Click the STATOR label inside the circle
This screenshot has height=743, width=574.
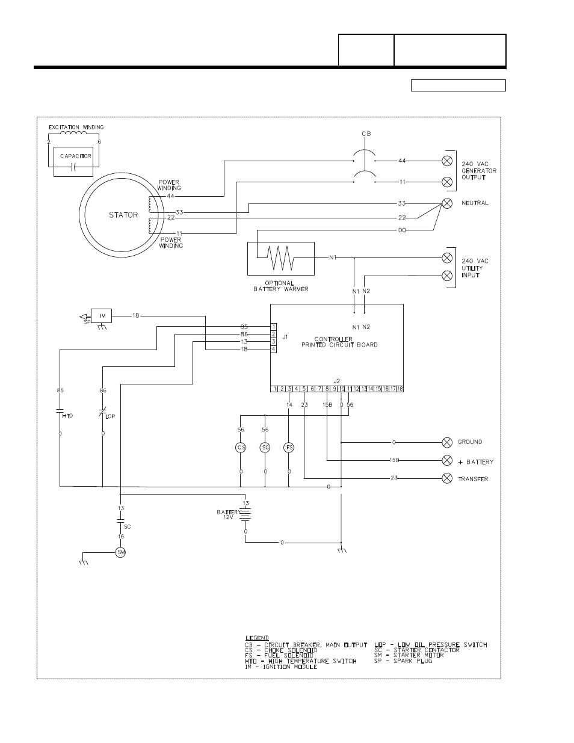(x=123, y=215)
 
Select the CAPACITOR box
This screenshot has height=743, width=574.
(x=75, y=156)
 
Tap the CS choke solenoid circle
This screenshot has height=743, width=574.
(x=241, y=447)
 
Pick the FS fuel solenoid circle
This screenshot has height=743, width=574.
(x=289, y=447)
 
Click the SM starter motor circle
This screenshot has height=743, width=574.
(x=120, y=552)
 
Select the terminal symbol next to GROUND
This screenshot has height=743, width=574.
(x=447, y=442)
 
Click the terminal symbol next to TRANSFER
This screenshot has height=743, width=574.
(x=447, y=479)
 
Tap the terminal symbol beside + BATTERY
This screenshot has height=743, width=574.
(x=447, y=461)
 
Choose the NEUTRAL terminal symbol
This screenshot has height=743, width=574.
(x=447, y=203)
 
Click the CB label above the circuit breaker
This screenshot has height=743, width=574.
(x=366, y=134)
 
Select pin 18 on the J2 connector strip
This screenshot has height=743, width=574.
(x=399, y=389)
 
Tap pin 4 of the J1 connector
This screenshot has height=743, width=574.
(x=273, y=349)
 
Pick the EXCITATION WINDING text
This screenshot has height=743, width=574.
(x=76, y=127)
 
